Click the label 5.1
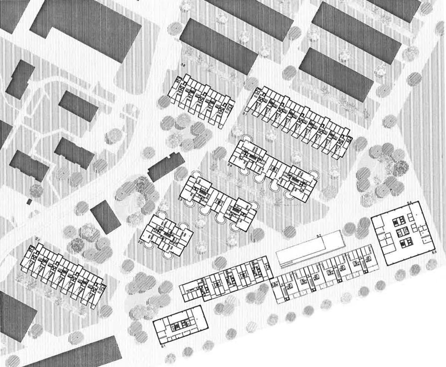[x=163, y=347]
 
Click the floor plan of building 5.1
[x=177, y=326]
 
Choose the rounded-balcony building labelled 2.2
[x=166, y=234]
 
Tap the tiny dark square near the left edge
[x=29, y=201]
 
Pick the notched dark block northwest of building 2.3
[x=166, y=167]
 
